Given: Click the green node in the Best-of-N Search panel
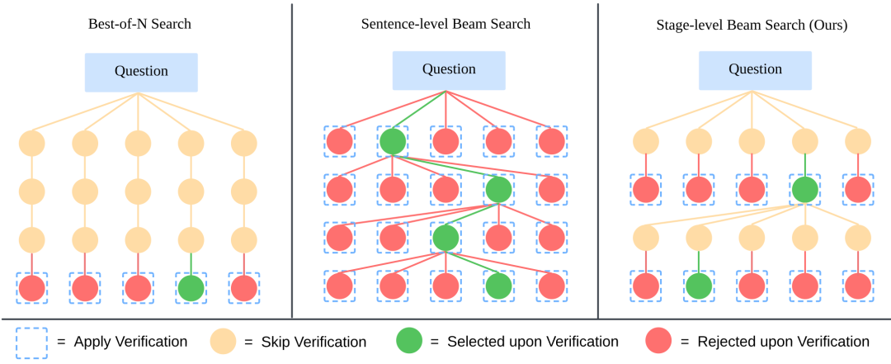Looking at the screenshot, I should click(191, 288).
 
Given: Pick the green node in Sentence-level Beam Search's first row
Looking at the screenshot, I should click(393, 141).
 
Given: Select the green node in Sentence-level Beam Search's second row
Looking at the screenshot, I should click(498, 190).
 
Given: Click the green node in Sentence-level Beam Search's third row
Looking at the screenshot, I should click(445, 238).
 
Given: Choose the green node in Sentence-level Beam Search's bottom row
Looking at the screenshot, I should click(498, 286).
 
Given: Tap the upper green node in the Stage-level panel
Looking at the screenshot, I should click(804, 190).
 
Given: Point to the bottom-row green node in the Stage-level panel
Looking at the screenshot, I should click(699, 286).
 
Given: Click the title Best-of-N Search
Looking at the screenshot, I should click(139, 24).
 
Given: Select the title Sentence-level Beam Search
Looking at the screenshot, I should click(445, 24).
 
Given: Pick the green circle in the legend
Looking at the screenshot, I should click(411, 342).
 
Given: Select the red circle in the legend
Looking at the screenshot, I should click(659, 342).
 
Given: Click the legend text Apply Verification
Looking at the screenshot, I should click(130, 342).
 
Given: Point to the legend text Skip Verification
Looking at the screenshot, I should click(316, 342).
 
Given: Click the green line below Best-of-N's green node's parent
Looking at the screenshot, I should click(191, 263).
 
